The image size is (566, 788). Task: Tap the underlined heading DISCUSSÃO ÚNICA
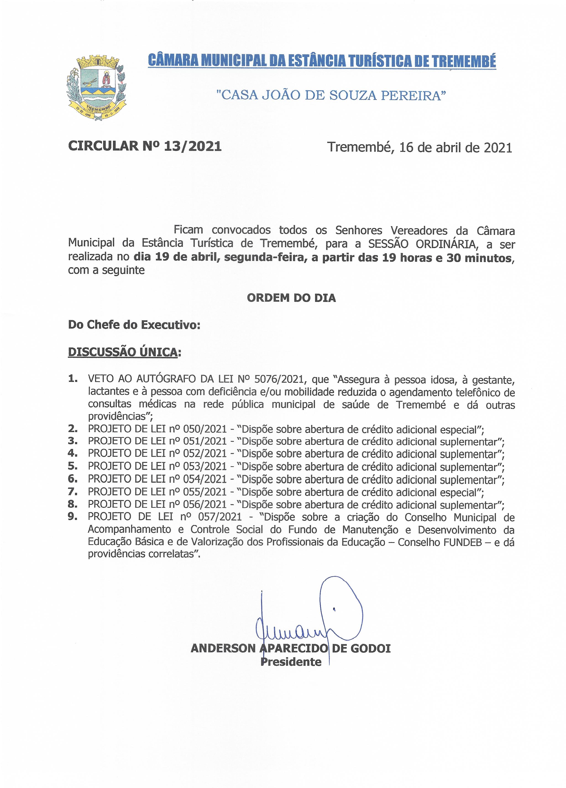(124, 352)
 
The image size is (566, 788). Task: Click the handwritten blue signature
(306, 615)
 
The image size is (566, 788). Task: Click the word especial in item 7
(460, 492)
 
